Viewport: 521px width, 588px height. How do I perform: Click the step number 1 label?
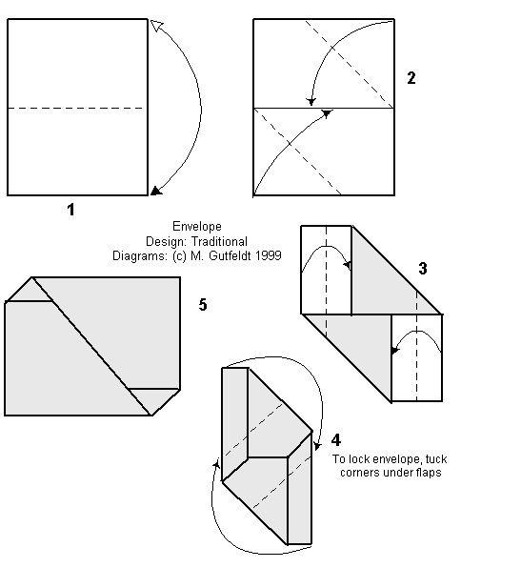pyautogui.click(x=70, y=211)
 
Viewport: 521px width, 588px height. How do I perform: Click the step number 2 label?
pyautogui.click(x=411, y=78)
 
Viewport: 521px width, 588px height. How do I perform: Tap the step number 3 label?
pyautogui.click(x=422, y=270)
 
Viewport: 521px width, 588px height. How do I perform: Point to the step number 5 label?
pyautogui.click(x=202, y=305)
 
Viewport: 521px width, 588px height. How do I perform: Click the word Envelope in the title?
pyautogui.click(x=196, y=227)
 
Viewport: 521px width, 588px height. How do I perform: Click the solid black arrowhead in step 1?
pyautogui.click(x=154, y=191)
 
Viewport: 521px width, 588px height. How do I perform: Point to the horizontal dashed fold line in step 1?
pyautogui.click(x=76, y=108)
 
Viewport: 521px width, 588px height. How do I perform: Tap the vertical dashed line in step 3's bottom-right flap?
pyautogui.click(x=416, y=357)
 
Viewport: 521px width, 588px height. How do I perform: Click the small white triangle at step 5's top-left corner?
pyautogui.click(x=29, y=290)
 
